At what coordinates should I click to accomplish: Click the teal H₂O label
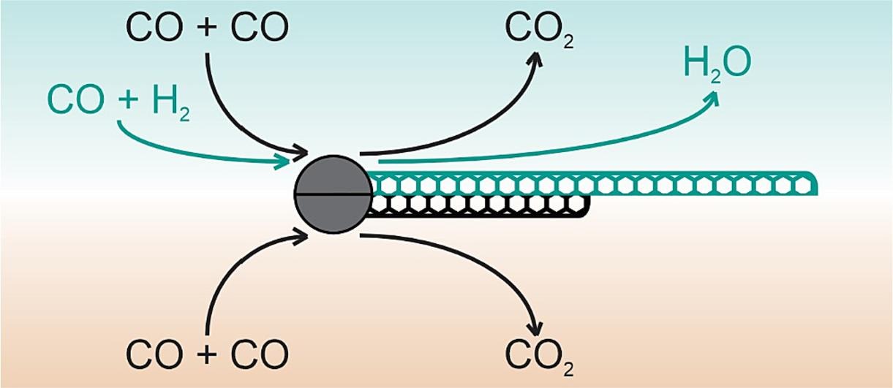point(717,64)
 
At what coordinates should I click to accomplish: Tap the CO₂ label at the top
point(540,31)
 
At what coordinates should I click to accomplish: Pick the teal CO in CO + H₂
point(76,100)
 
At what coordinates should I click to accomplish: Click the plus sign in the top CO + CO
point(206,28)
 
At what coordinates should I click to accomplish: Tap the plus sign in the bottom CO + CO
point(206,354)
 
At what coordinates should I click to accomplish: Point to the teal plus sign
point(128,99)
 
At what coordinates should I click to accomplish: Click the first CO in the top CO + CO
point(154,28)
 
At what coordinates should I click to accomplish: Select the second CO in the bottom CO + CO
point(260,354)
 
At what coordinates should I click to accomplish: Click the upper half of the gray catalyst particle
point(333,175)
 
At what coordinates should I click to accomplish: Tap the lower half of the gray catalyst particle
point(333,214)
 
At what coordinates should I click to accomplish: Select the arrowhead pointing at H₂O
point(712,99)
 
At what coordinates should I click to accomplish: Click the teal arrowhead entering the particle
point(282,161)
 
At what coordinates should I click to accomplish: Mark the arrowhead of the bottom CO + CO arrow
point(301,237)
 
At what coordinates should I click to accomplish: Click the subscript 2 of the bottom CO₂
point(569,370)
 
